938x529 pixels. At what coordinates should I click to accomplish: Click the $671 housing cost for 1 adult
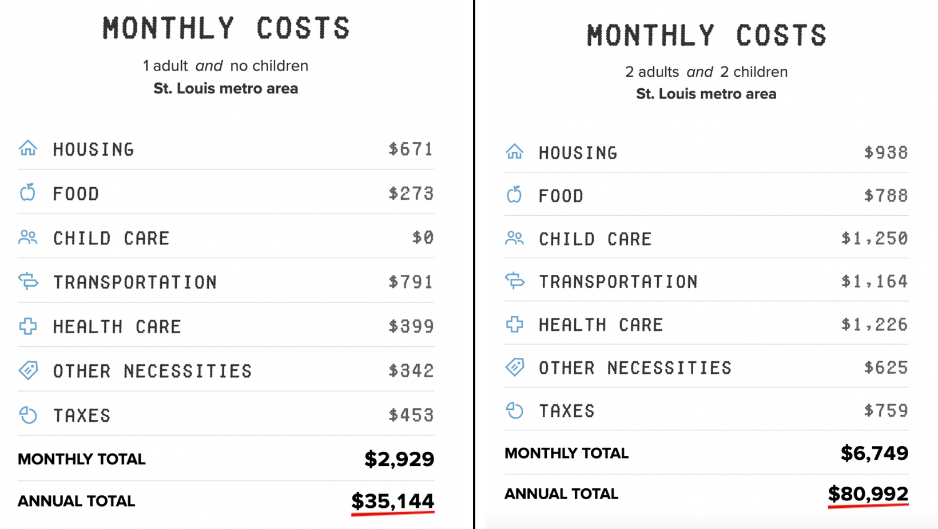coord(411,149)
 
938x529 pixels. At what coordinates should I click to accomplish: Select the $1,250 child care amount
coord(874,238)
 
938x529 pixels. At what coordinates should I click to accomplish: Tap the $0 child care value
coord(423,237)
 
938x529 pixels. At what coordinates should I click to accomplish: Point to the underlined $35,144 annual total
coord(392,501)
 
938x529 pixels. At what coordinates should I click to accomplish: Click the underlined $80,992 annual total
coord(868,494)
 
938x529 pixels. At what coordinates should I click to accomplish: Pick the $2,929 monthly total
coord(399,459)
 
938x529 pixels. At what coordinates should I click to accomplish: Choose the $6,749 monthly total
coord(874,453)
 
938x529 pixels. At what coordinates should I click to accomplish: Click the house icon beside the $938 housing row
coord(514,152)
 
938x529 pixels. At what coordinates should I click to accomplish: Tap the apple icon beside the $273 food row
coord(27,193)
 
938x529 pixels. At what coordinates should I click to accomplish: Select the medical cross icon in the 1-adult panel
coord(27,326)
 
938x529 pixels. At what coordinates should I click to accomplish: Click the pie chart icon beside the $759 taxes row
coord(514,410)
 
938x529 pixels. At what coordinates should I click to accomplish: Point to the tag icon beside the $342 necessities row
coord(27,370)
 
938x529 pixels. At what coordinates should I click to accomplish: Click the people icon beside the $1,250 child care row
coord(514,238)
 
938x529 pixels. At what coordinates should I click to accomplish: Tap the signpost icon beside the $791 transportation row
coord(27,281)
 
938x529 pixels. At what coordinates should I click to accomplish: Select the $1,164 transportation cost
coord(874,281)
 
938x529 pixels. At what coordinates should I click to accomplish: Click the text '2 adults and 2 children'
coord(706,72)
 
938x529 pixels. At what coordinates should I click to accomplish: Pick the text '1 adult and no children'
coord(225,66)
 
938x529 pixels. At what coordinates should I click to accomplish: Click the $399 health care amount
coord(411,326)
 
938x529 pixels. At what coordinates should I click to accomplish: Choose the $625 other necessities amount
coord(885,367)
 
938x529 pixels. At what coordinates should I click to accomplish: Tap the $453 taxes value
coord(411,415)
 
